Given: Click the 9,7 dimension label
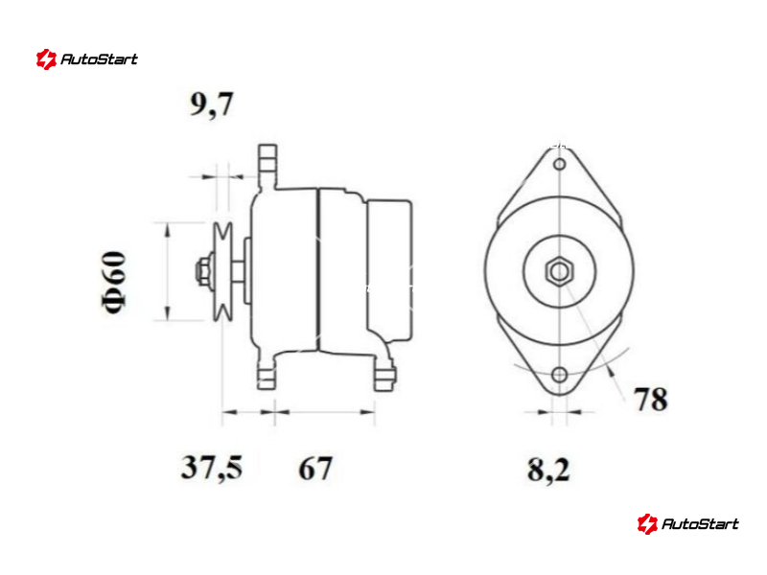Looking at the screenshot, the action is (211, 104).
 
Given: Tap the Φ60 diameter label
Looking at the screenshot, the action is (114, 282).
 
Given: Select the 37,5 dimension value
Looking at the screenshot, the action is (211, 467).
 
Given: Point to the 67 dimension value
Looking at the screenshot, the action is (315, 468).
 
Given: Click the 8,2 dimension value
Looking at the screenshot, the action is (548, 470).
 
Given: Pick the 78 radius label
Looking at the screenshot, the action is (651, 399).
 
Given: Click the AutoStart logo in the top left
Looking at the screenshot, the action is (87, 59).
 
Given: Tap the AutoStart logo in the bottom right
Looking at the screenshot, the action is (687, 523).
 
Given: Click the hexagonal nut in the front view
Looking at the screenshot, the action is (559, 271).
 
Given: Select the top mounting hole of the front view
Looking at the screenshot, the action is (560, 164).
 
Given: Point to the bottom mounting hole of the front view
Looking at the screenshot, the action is (560, 376).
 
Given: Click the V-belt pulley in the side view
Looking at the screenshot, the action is (222, 271).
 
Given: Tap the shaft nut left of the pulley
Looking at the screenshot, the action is (202, 271).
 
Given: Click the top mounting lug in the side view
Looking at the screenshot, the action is (267, 166).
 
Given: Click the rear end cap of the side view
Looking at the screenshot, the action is (389, 270).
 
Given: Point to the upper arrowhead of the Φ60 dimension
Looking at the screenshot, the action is (167, 231).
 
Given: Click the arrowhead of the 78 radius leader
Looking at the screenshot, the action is (610, 373).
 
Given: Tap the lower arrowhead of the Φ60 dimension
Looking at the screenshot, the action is (167, 312).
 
